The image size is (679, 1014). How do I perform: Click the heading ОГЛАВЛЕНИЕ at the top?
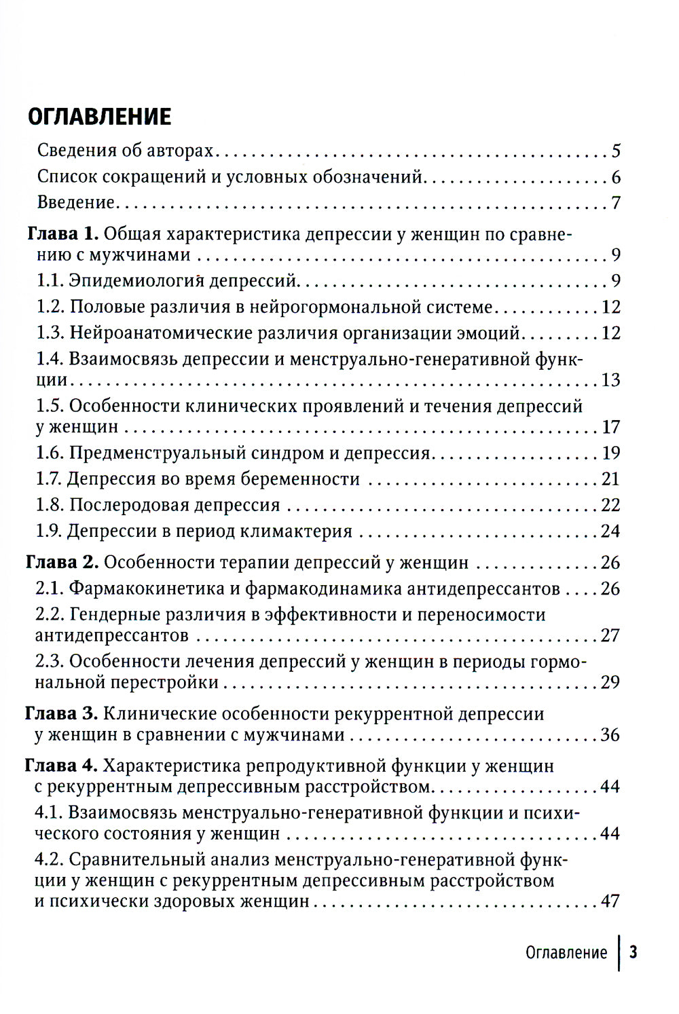99,117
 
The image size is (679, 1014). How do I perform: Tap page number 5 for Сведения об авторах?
616,151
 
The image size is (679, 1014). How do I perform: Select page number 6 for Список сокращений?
616,177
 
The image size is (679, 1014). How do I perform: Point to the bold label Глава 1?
62,234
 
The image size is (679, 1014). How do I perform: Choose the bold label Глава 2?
62,562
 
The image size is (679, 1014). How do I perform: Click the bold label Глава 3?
62,713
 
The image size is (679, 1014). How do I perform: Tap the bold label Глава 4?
62,766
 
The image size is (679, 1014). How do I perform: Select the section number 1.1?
50,281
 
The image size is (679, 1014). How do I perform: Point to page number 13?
610,379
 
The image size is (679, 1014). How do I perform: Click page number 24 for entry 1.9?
610,531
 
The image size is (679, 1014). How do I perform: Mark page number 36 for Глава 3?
610,734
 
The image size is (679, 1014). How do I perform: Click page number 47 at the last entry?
610,901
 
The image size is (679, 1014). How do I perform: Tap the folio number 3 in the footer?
633,952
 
